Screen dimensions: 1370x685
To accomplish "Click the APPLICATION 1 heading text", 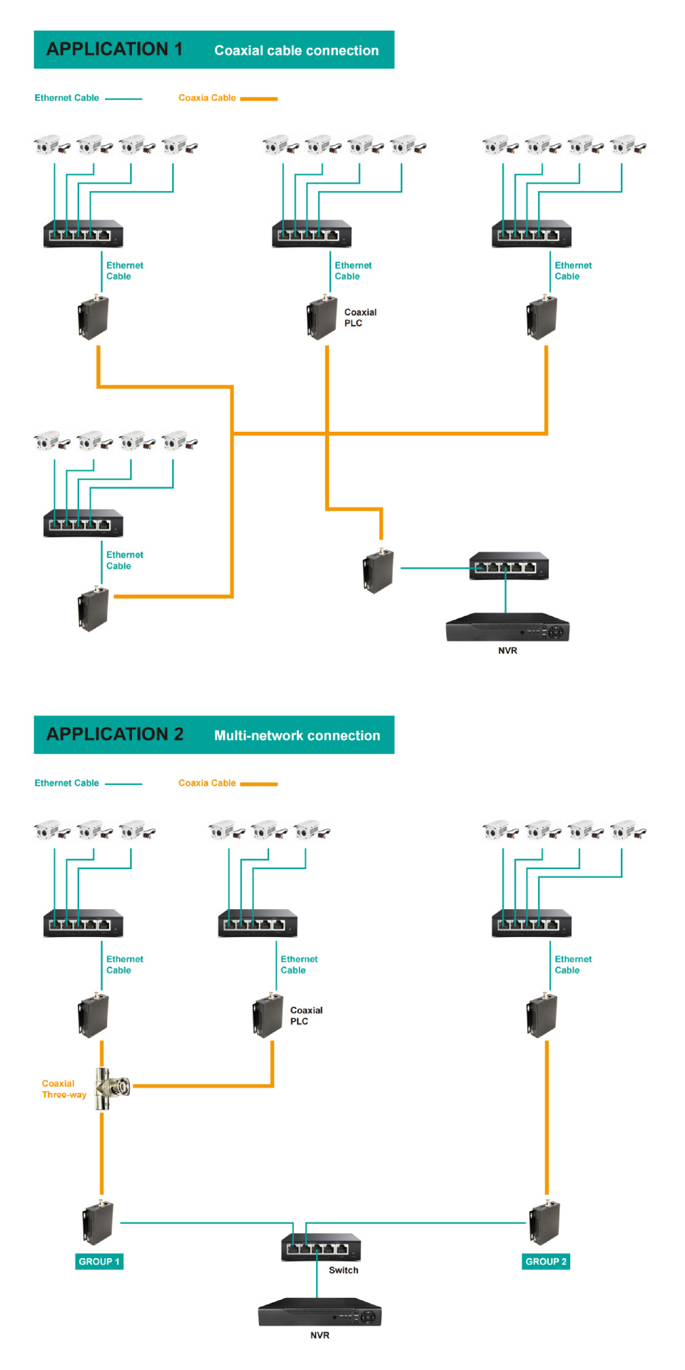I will pos(114,49).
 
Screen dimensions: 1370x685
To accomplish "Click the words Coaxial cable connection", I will pos(296,51).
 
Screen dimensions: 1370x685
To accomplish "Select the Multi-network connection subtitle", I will pos(297,736).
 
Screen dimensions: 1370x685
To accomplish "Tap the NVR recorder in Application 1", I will pos(507,627).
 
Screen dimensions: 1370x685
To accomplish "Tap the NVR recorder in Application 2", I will pos(320,1312).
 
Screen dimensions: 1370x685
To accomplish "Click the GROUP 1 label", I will pos(99,1262).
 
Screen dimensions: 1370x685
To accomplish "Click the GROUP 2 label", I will pos(546,1262).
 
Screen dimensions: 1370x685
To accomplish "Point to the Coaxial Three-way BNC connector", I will pos(113,1087).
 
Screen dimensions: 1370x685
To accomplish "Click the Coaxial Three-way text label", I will pos(63,1089).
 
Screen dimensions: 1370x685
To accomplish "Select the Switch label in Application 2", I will pos(343,1270).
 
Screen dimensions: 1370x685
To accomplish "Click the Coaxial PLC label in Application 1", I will pos(360,318).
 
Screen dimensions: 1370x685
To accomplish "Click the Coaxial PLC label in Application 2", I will pos(305,1015).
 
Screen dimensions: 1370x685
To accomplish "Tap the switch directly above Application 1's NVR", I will pos(509,566).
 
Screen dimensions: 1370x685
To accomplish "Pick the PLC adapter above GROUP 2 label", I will pos(545,1223).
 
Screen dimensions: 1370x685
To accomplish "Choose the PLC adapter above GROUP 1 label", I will pos(98,1223).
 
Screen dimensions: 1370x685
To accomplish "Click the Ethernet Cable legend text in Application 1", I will pos(66,98).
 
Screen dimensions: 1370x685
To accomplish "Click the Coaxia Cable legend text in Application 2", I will pos(207,783).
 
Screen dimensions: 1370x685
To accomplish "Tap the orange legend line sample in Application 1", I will pos(258,98).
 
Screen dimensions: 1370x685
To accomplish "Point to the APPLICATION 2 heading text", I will pos(115,734).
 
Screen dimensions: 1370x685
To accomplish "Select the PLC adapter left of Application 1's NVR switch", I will pos(378,571).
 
